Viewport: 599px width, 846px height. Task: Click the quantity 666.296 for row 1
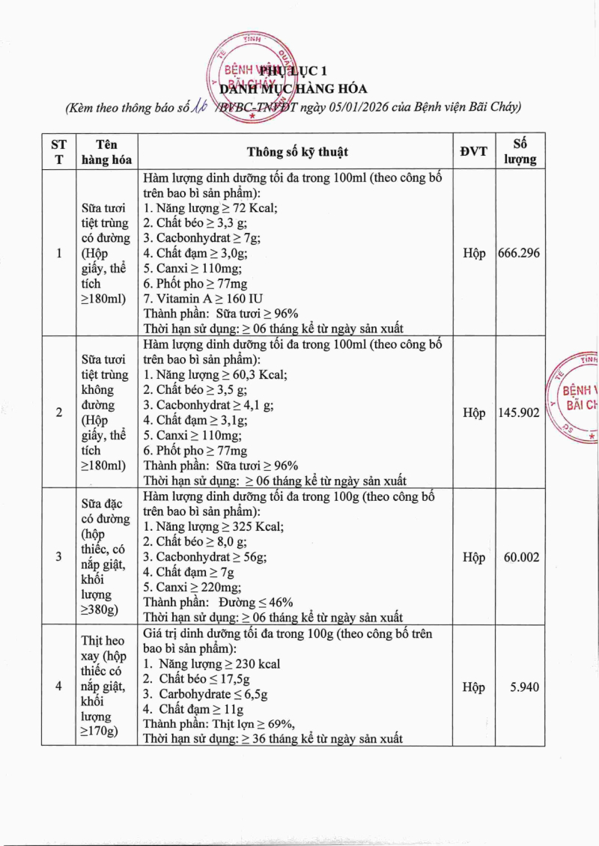tap(519, 254)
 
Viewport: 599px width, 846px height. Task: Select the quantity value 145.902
tap(519, 413)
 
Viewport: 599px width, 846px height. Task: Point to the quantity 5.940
tap(524, 687)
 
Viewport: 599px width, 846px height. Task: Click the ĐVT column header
tap(473, 151)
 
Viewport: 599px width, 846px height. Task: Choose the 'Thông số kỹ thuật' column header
tap(297, 152)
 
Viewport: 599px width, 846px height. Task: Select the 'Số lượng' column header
tap(525, 151)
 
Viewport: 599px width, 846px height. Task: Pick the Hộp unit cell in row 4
tap(473, 687)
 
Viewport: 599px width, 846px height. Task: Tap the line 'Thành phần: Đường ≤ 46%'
tap(218, 603)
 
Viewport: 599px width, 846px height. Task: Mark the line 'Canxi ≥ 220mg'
tap(192, 588)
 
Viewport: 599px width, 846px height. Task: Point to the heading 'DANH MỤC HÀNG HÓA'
tap(299, 89)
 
